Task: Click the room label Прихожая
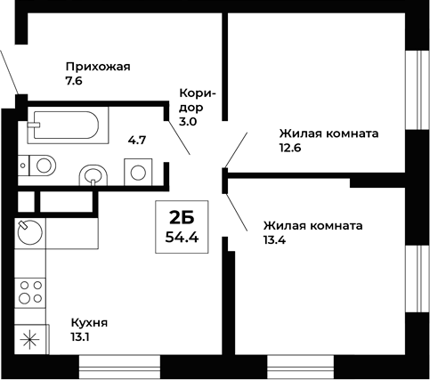99,67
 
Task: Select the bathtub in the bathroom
68,125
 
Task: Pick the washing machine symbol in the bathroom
138,172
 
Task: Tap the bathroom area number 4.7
137,140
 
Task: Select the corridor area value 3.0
189,124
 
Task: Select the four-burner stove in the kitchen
31,292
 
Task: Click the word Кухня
89,322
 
